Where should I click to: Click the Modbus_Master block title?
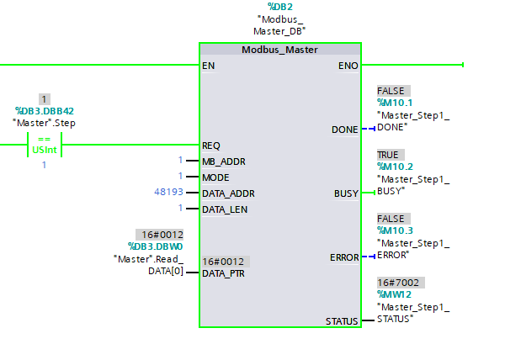pos(279,50)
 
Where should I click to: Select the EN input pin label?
pos(208,65)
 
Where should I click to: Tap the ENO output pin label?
pos(348,65)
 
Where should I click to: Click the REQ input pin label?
pos(210,145)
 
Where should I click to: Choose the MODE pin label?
pos(215,177)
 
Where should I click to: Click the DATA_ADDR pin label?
pos(227,193)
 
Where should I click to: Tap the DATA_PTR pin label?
pos(223,273)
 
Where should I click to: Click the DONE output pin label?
pos(345,130)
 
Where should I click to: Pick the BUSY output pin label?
pos(346,193)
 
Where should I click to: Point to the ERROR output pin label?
pos(343,257)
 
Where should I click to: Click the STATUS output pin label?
pos(342,321)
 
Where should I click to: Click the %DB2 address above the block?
pos(279,7)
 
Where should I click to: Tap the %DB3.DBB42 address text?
pos(45,110)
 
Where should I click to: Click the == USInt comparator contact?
pos(45,145)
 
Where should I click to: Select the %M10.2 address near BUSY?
pos(395,167)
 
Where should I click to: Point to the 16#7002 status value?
pos(399,283)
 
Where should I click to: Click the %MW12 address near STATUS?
pos(394,294)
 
